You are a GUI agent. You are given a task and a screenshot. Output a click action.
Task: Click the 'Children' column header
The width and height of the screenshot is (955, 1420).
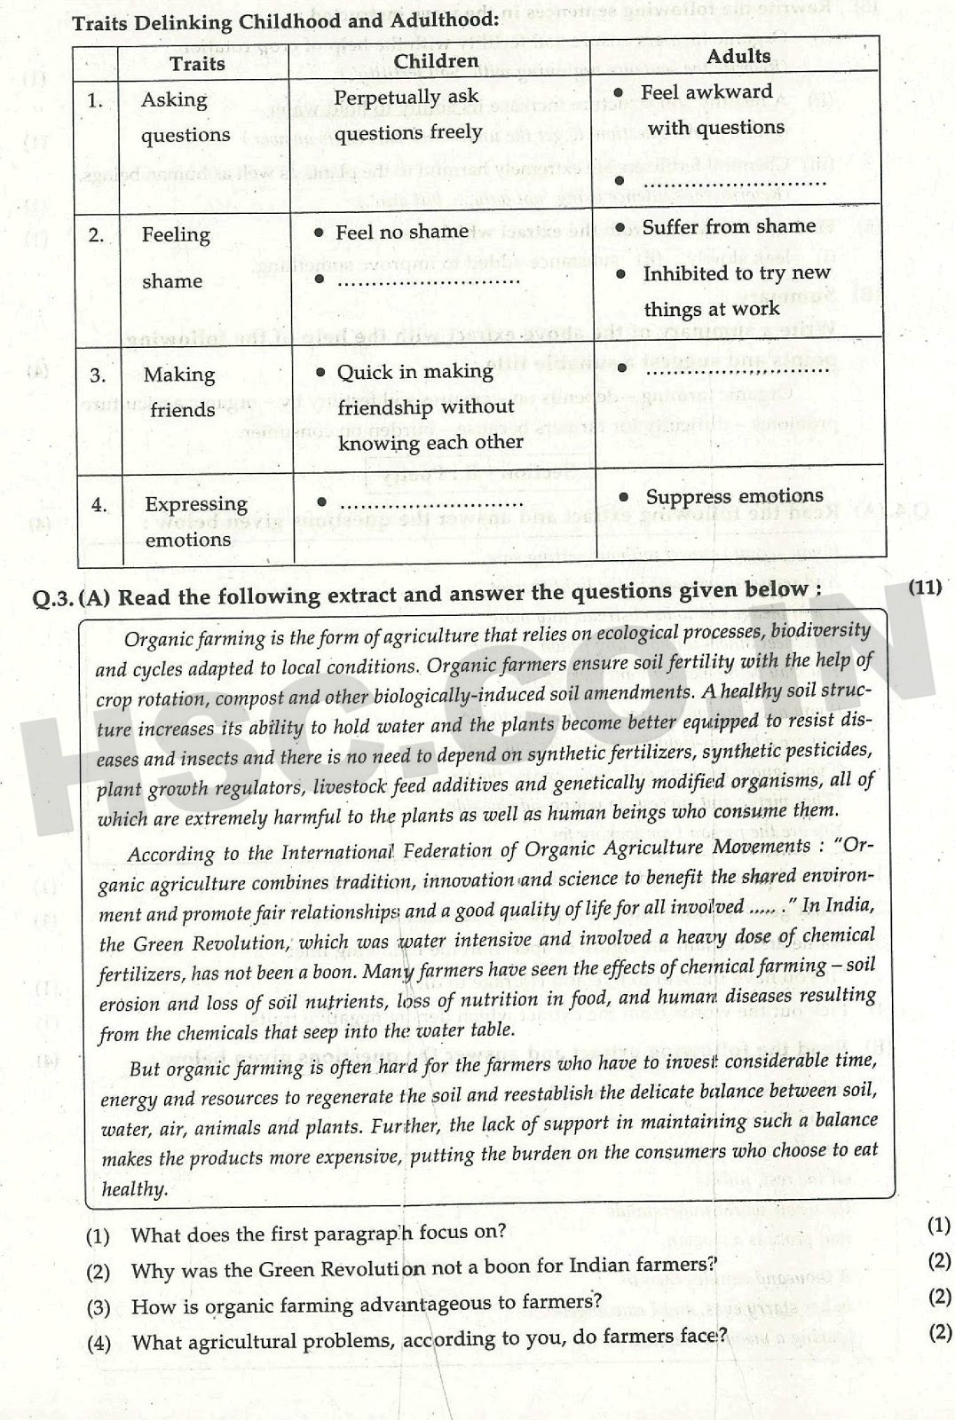pyautogui.click(x=436, y=60)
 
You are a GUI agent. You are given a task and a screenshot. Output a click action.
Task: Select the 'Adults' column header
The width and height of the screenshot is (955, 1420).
pyautogui.click(x=738, y=56)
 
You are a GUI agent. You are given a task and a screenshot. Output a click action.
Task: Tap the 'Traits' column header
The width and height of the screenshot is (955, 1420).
pyautogui.click(x=197, y=63)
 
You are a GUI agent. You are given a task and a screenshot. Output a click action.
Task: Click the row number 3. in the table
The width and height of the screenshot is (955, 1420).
pyautogui.click(x=98, y=375)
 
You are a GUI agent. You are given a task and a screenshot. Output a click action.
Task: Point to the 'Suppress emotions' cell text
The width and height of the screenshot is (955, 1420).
pyautogui.click(x=734, y=496)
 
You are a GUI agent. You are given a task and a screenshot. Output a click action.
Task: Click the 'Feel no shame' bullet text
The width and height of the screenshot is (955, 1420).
pyautogui.click(x=401, y=232)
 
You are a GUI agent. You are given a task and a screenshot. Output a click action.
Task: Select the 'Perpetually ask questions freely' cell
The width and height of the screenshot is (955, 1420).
pyautogui.click(x=407, y=114)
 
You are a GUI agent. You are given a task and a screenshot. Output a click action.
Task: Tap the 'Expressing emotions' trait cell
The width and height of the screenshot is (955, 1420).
pyautogui.click(x=195, y=521)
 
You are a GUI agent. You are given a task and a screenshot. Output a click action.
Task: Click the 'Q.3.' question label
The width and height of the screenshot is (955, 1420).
pyautogui.click(x=52, y=599)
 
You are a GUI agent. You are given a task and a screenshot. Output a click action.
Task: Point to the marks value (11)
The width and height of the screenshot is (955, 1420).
pyautogui.click(x=925, y=587)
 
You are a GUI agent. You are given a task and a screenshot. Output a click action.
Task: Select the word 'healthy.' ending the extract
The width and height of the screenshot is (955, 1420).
pyautogui.click(x=134, y=1189)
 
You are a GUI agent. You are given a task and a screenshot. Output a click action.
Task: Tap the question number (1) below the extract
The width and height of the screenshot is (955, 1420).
pyautogui.click(x=98, y=1235)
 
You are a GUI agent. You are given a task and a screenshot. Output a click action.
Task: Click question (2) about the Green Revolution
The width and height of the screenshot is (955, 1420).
pyautogui.click(x=423, y=1267)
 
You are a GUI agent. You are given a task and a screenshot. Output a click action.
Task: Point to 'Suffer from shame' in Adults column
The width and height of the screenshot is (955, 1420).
pyautogui.click(x=728, y=227)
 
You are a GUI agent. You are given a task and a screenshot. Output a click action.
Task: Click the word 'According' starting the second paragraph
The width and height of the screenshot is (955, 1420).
pyautogui.click(x=171, y=854)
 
